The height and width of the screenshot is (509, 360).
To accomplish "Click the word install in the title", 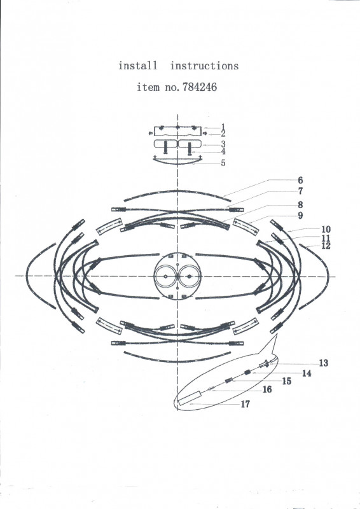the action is [x=137, y=66].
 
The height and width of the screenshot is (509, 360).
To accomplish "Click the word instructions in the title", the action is [x=205, y=66].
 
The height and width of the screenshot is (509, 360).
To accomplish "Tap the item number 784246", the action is [x=200, y=87].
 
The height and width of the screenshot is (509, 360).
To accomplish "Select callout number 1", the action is [x=223, y=127].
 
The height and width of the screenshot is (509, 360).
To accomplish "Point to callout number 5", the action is [x=223, y=163].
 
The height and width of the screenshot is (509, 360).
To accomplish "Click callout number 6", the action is [x=300, y=180].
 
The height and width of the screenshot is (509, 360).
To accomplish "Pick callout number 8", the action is [x=300, y=204].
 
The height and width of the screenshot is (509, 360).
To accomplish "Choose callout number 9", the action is [x=300, y=216].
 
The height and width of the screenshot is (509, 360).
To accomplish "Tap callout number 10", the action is [x=326, y=229].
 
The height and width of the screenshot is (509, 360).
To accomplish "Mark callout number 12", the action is [x=326, y=246].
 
